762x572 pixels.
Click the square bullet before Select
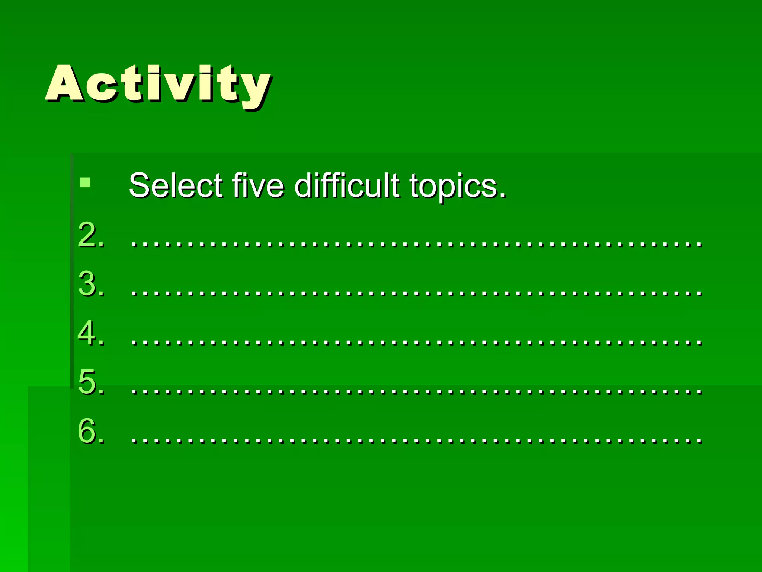coord(85,182)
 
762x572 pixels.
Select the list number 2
coord(88,235)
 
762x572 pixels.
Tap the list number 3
coord(88,284)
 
